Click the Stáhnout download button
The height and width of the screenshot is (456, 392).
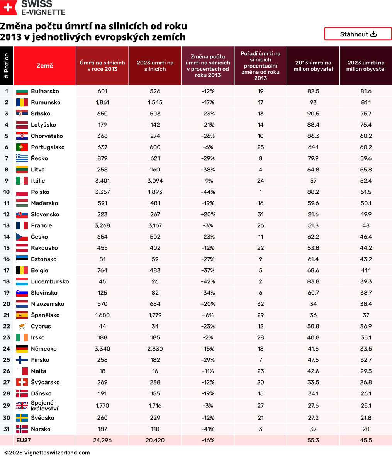point(358,34)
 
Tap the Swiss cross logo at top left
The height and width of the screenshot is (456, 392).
point(8,7)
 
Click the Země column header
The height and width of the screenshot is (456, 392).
point(45,66)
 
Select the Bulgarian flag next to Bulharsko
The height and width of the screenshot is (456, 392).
point(22,92)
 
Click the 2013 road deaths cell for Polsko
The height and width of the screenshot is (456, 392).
point(102,192)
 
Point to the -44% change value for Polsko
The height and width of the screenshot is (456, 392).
point(208,192)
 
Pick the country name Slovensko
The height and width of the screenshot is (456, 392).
point(45,214)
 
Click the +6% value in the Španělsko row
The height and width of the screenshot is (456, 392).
point(208,315)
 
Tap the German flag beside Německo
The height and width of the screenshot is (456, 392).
point(22,349)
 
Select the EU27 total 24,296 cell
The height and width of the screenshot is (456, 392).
point(102,440)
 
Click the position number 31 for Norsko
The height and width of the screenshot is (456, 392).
point(7,429)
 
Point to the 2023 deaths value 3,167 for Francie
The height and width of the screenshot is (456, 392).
point(155,225)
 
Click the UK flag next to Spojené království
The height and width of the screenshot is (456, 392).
point(22,405)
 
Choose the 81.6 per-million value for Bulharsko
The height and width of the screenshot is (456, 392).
point(366,91)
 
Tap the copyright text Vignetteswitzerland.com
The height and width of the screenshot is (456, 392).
point(47,453)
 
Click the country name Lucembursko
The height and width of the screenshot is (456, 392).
point(50,281)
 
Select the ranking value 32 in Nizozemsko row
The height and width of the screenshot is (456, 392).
point(260,304)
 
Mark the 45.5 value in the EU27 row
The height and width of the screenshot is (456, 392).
point(366,440)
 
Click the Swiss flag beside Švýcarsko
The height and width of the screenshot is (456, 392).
point(22,382)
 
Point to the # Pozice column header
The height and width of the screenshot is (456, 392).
point(7,66)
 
